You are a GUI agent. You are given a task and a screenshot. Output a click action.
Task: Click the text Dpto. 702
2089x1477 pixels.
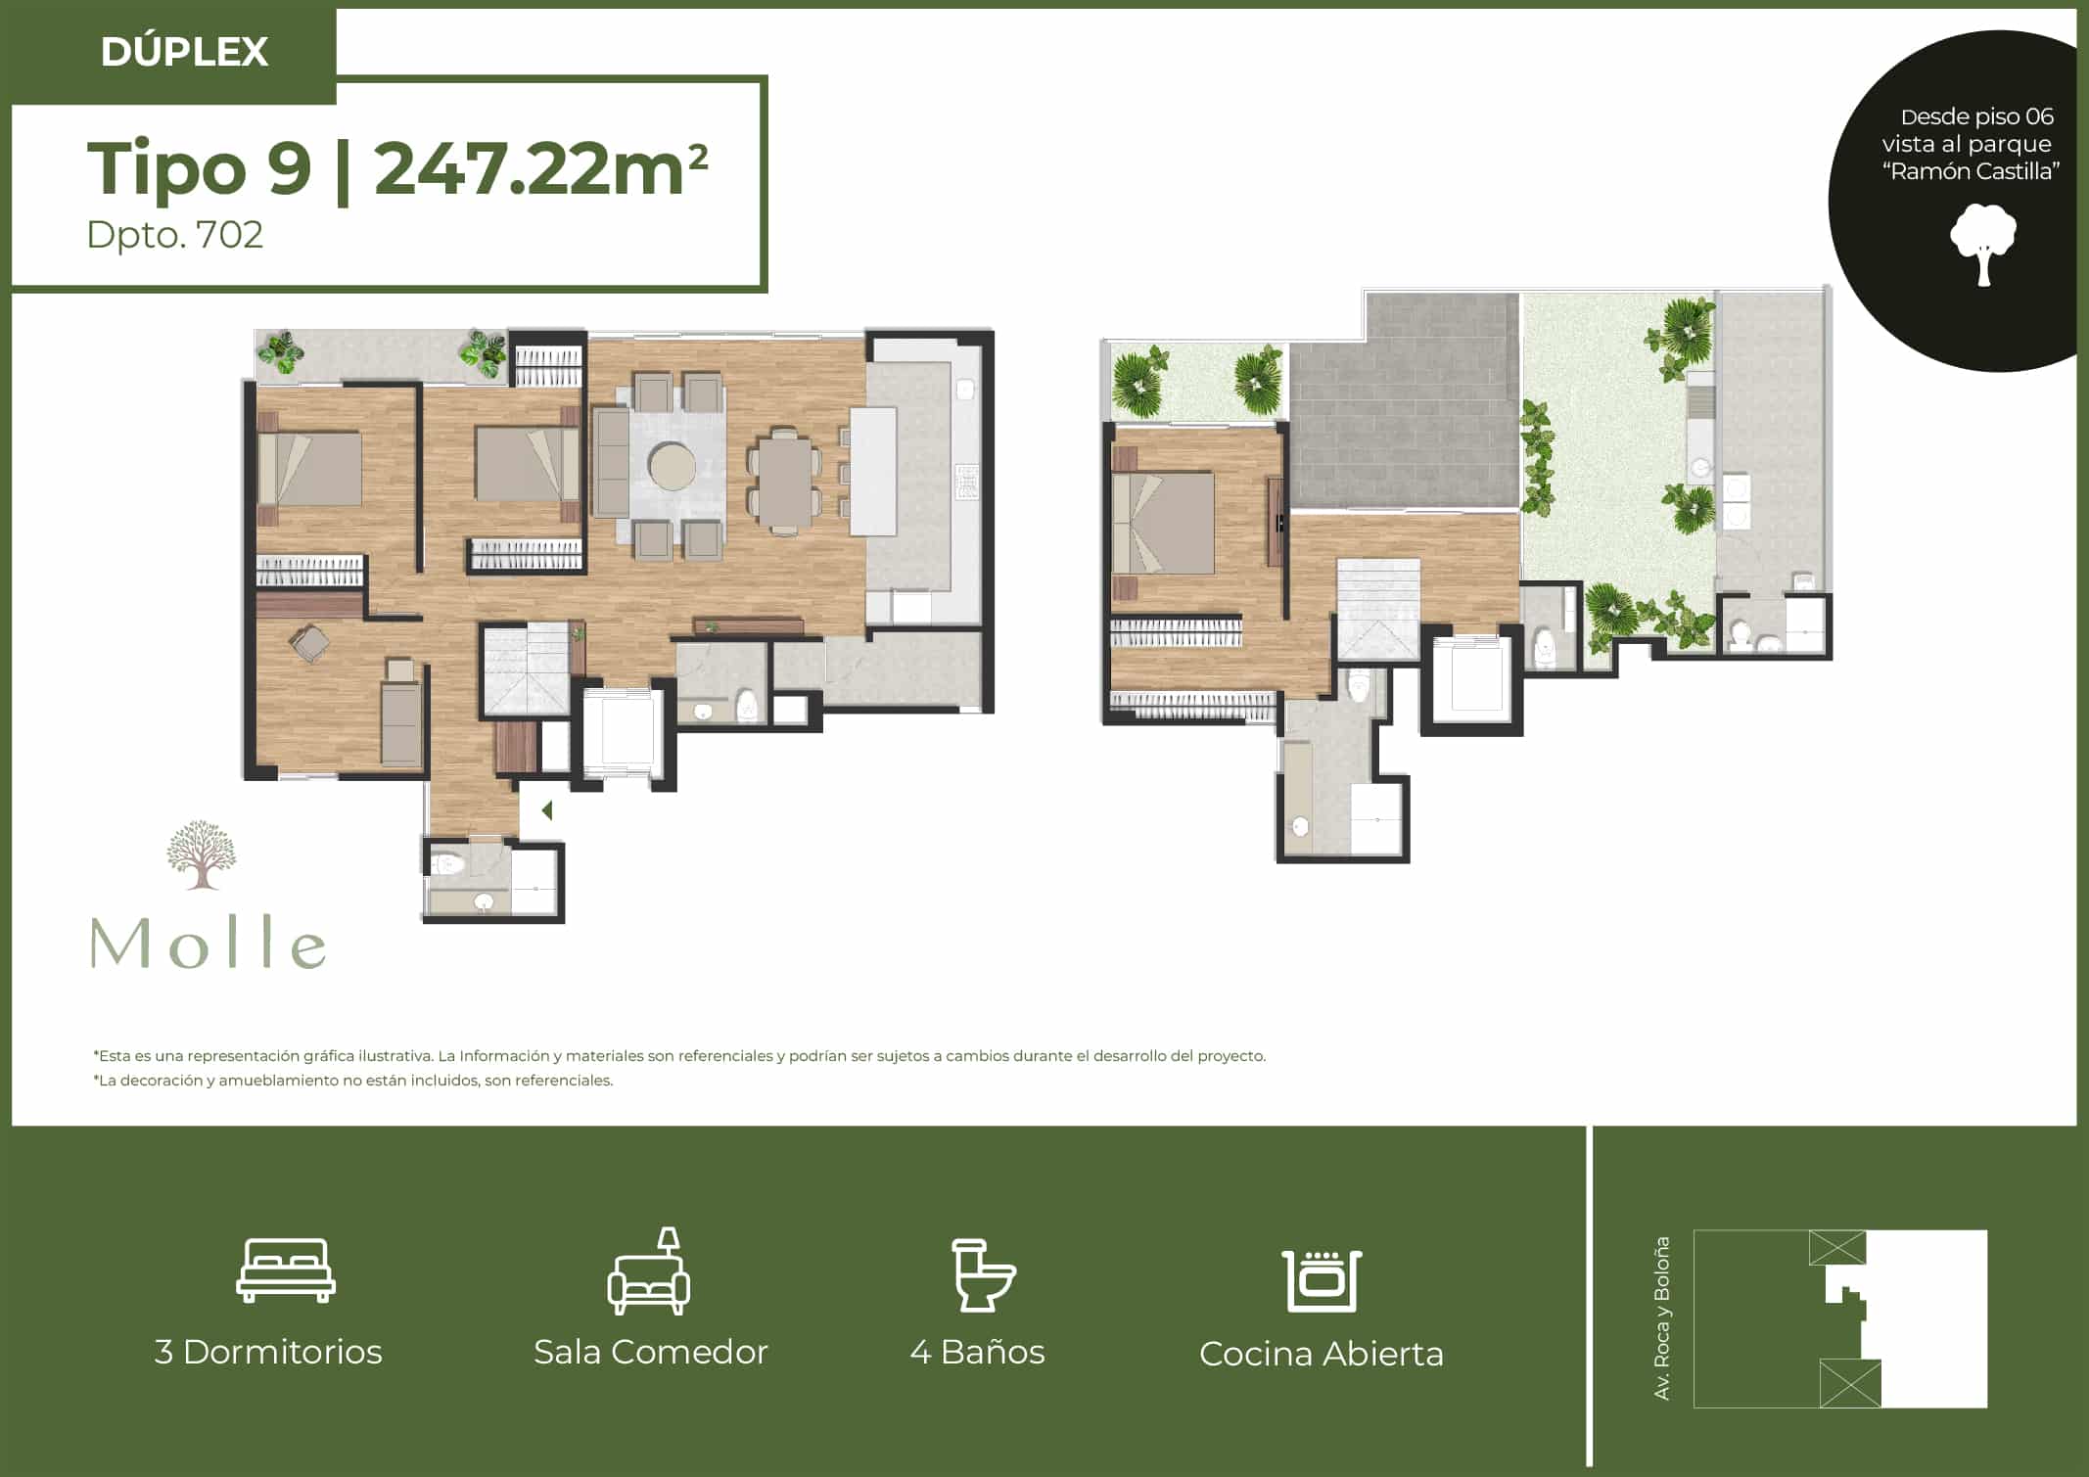[x=175, y=235]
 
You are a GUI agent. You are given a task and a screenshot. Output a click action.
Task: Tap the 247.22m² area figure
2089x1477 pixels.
[x=540, y=168]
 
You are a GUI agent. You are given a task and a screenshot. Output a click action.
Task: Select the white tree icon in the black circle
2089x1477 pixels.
[x=1983, y=245]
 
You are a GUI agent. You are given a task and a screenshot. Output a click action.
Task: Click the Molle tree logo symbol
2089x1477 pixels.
[x=202, y=854]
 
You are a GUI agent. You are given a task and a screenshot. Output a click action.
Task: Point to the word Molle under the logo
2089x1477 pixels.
[x=209, y=943]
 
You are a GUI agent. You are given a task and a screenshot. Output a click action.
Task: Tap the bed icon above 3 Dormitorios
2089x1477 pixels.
[x=286, y=1269]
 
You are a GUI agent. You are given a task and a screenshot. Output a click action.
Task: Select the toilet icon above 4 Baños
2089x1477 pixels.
[x=983, y=1275]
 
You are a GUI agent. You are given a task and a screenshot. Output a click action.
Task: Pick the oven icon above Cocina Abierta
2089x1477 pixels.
[x=1322, y=1280]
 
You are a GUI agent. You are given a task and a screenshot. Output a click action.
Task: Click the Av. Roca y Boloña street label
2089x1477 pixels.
[x=1661, y=1317]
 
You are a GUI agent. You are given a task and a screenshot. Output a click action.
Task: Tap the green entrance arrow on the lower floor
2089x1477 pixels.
[x=547, y=810]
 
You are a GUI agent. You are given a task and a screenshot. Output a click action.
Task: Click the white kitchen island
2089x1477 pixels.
[x=873, y=471]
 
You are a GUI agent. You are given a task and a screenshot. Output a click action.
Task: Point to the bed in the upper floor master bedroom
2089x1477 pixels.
[x=1163, y=523]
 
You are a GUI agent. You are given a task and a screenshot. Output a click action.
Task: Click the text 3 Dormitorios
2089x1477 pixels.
[x=268, y=1352]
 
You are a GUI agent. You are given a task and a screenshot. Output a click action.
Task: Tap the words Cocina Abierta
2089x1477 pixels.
[x=1322, y=1354]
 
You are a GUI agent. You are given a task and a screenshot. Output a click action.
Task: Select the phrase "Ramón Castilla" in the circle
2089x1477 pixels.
[x=1972, y=172]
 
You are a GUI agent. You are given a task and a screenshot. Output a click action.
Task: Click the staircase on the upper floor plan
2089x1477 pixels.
[x=1378, y=608]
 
